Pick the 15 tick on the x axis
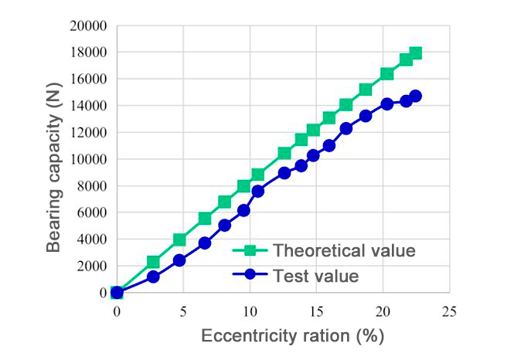coord(315,311)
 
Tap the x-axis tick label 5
coord(183,311)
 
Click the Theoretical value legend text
coord(346,250)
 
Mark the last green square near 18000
coord(416,53)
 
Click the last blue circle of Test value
coord(416,96)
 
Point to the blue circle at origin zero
coord(117,292)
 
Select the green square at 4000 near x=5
coord(179,239)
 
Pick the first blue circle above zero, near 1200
coord(153,277)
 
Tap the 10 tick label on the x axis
coord(250,311)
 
